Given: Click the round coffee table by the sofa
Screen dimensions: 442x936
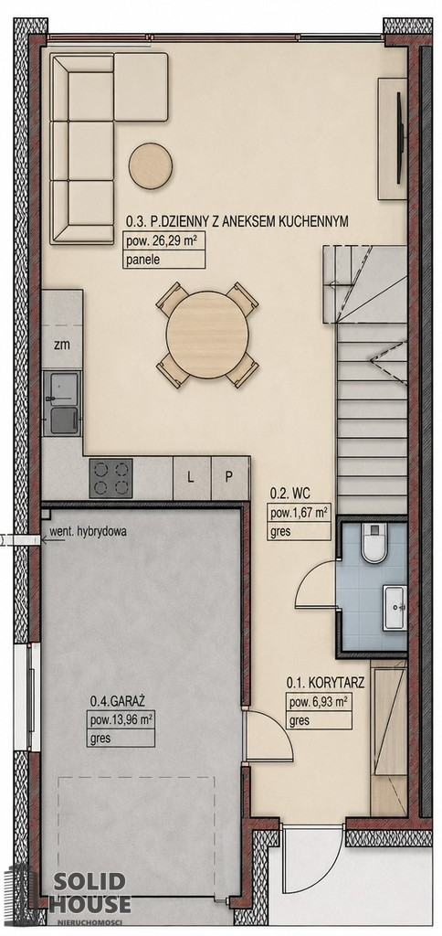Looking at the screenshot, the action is pyautogui.click(x=151, y=166).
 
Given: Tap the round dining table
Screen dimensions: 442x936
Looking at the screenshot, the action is pyautogui.click(x=207, y=335).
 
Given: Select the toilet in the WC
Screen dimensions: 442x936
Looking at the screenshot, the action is pyautogui.click(x=374, y=543).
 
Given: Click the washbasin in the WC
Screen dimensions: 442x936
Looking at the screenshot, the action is pyautogui.click(x=395, y=607).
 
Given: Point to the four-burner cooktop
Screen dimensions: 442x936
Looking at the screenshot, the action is pyautogui.click(x=110, y=478).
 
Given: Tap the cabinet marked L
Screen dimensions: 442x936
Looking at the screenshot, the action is pyautogui.click(x=191, y=477).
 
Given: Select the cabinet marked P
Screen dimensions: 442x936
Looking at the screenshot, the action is pyautogui.click(x=229, y=477).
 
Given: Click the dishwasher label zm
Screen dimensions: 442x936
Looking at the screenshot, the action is pyautogui.click(x=60, y=344).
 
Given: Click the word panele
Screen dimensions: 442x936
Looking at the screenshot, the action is pyautogui.click(x=142, y=260).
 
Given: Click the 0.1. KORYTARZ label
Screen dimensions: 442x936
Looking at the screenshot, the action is pyautogui.click(x=325, y=682).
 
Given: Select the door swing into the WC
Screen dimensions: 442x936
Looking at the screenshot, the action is pyautogui.click(x=316, y=584).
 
